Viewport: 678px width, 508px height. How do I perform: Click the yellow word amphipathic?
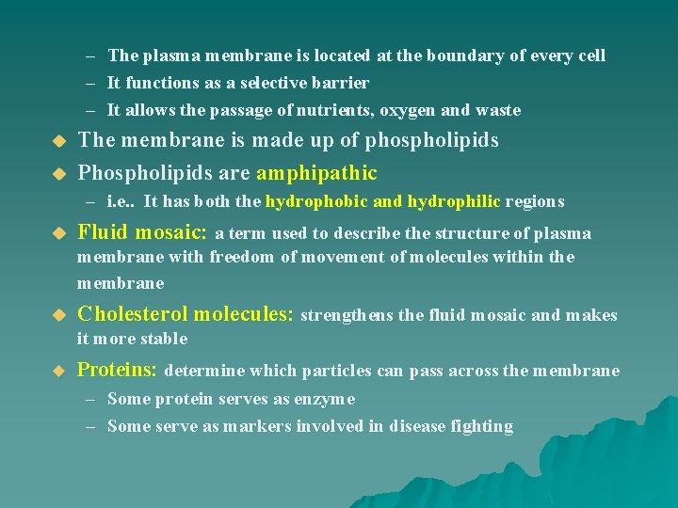click(x=316, y=173)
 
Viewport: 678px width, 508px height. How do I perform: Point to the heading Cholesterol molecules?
click(x=186, y=314)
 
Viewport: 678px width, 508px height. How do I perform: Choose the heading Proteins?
click(x=118, y=370)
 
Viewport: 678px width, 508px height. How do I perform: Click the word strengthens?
click(x=347, y=315)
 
